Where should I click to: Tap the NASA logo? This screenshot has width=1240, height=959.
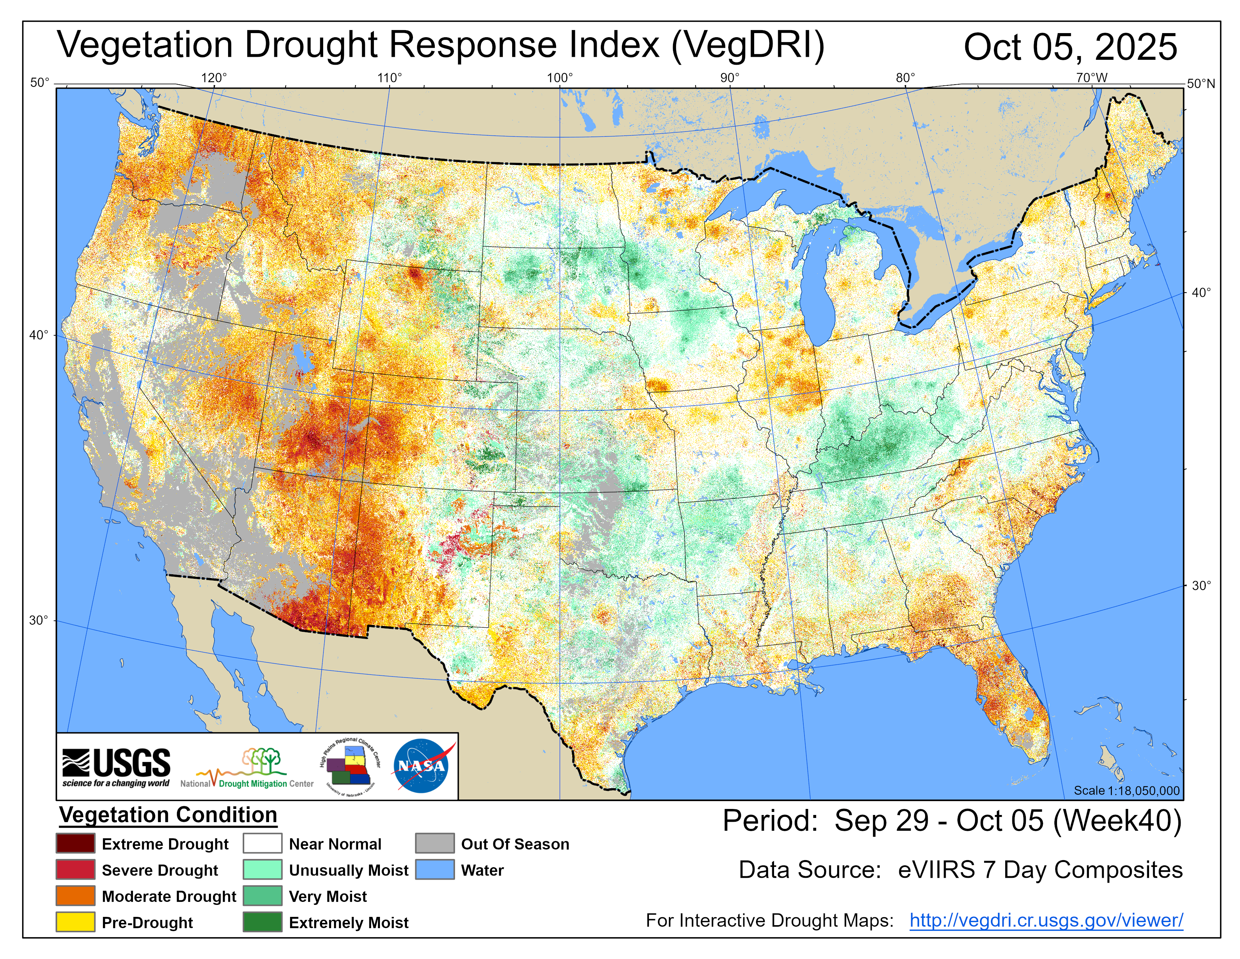coord(422,766)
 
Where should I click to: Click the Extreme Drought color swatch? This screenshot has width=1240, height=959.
coord(76,844)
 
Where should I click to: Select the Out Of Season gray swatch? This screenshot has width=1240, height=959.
coord(434,844)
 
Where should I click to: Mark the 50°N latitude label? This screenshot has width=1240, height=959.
coord(1201,84)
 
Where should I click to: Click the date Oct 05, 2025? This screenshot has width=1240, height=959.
coord(1070,47)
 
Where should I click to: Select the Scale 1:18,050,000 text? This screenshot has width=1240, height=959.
coord(1127,790)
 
